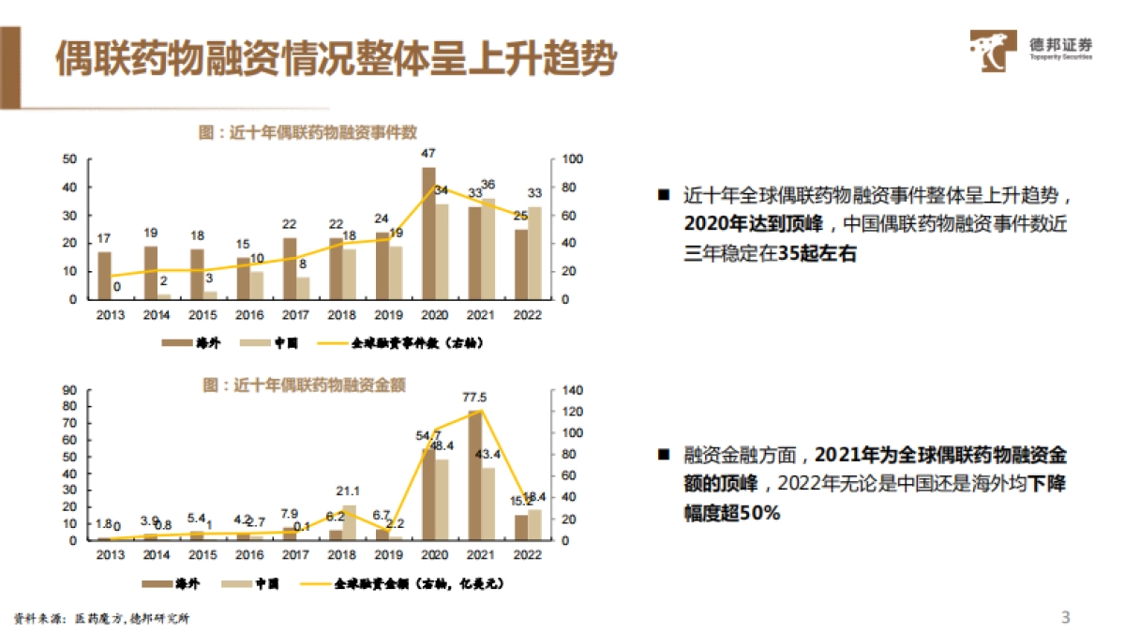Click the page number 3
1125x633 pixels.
pyautogui.click(x=1065, y=616)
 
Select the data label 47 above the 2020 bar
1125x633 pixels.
pyautogui.click(x=428, y=153)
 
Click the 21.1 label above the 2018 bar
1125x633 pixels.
pyautogui.click(x=348, y=490)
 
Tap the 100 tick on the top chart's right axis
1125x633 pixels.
pyautogui.click(x=572, y=159)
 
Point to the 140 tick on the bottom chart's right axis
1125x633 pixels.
pyautogui.click(x=572, y=390)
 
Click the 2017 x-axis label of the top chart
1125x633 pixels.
pyautogui.click(x=296, y=314)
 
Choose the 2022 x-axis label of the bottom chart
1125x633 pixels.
pyautogui.click(x=528, y=555)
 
